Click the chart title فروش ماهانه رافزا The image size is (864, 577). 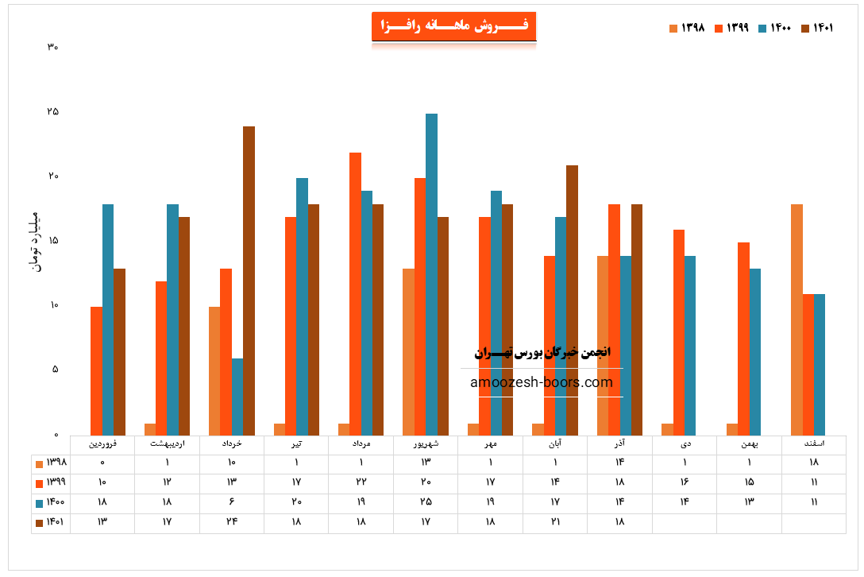point(454,26)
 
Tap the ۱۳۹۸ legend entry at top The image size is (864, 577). point(688,28)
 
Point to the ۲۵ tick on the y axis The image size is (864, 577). point(52,111)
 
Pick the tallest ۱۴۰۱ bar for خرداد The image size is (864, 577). point(249,281)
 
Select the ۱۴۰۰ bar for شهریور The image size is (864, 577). point(431,274)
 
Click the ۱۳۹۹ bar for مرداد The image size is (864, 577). point(355,294)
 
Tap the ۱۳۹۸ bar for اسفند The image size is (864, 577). point(796,319)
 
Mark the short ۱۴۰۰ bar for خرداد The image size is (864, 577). point(237,397)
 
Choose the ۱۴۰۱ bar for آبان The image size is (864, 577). point(572,300)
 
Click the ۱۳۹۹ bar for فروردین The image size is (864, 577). point(96,370)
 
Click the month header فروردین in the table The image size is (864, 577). point(103,444)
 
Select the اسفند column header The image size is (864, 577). point(813,444)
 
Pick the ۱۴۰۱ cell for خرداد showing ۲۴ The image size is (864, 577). point(232,522)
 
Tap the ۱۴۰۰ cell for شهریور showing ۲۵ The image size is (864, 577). point(426,502)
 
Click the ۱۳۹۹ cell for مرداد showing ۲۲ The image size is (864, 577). point(361,482)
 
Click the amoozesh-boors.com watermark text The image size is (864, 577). point(542,382)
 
